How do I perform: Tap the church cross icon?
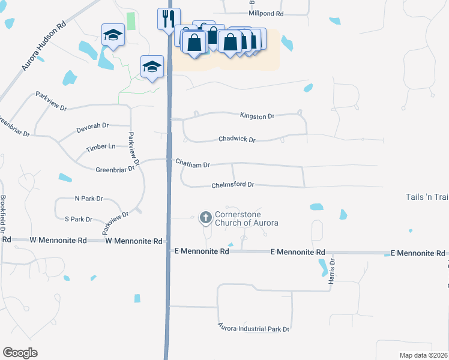coord(206,217)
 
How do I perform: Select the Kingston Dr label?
coord(257,116)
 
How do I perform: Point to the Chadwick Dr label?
coord(237,139)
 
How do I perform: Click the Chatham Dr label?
coord(192,164)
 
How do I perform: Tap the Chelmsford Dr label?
coord(233,185)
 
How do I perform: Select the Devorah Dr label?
coord(92,126)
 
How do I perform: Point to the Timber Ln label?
coord(100,146)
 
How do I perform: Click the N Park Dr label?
coord(89,198)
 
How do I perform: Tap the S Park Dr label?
coord(79,219)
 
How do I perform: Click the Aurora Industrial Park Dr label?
coord(253,329)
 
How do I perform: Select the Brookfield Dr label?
coord(3,214)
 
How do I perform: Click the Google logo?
coord(20,353)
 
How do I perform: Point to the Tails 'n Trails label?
coord(427,197)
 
